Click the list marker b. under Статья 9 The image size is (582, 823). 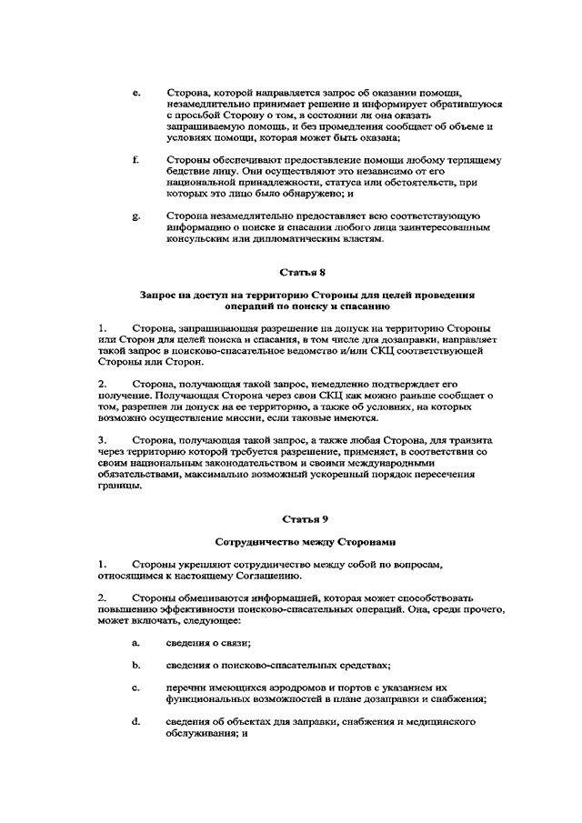click(x=135, y=665)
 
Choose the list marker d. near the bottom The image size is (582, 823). click(x=135, y=721)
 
